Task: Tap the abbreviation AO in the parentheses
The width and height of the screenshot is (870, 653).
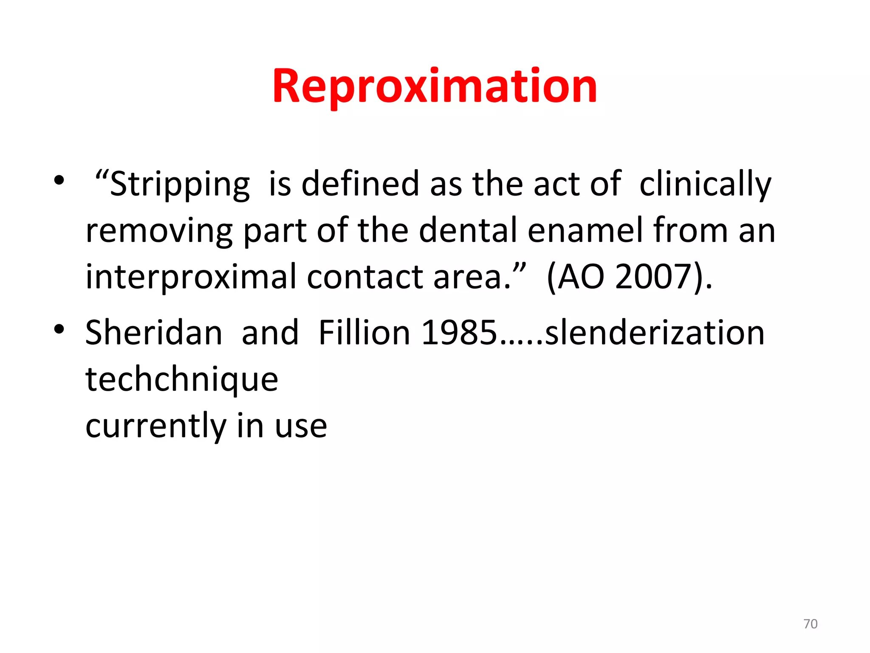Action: point(581,277)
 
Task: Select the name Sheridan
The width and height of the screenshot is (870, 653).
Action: point(154,333)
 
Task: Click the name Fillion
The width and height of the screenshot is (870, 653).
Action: point(364,333)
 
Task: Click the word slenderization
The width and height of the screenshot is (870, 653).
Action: point(655,333)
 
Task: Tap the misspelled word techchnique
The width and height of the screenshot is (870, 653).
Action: point(182,380)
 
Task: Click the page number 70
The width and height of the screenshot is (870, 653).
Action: point(810,624)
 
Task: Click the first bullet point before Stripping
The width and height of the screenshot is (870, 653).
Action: point(59,180)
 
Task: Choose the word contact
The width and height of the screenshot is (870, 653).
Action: point(364,277)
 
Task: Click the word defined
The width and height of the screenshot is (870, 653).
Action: point(360,184)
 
